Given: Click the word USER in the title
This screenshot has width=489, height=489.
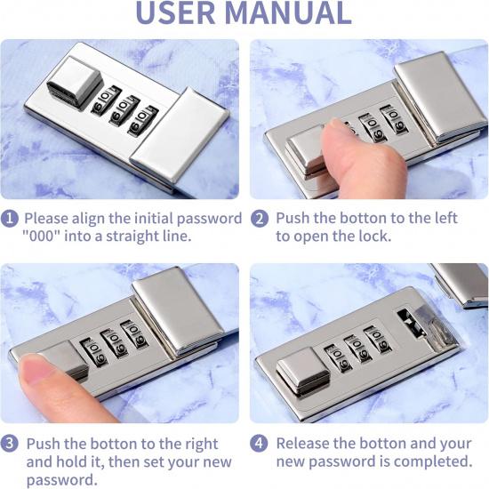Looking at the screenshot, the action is (175, 12).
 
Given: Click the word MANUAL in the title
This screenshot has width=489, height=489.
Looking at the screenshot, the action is (288, 12).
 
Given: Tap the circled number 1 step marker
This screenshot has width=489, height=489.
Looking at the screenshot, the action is (10, 219).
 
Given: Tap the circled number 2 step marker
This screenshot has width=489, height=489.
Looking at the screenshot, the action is (259, 219).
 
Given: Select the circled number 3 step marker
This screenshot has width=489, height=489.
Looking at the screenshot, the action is (10, 443).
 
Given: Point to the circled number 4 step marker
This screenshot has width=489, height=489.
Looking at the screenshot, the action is (259, 443).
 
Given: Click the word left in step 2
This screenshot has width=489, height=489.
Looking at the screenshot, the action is (445, 218).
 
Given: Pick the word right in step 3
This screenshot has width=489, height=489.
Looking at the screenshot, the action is (201, 444).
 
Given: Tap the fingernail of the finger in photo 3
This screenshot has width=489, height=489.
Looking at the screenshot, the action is (34, 368).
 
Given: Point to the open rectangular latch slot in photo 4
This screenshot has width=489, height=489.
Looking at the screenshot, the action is (411, 323).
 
